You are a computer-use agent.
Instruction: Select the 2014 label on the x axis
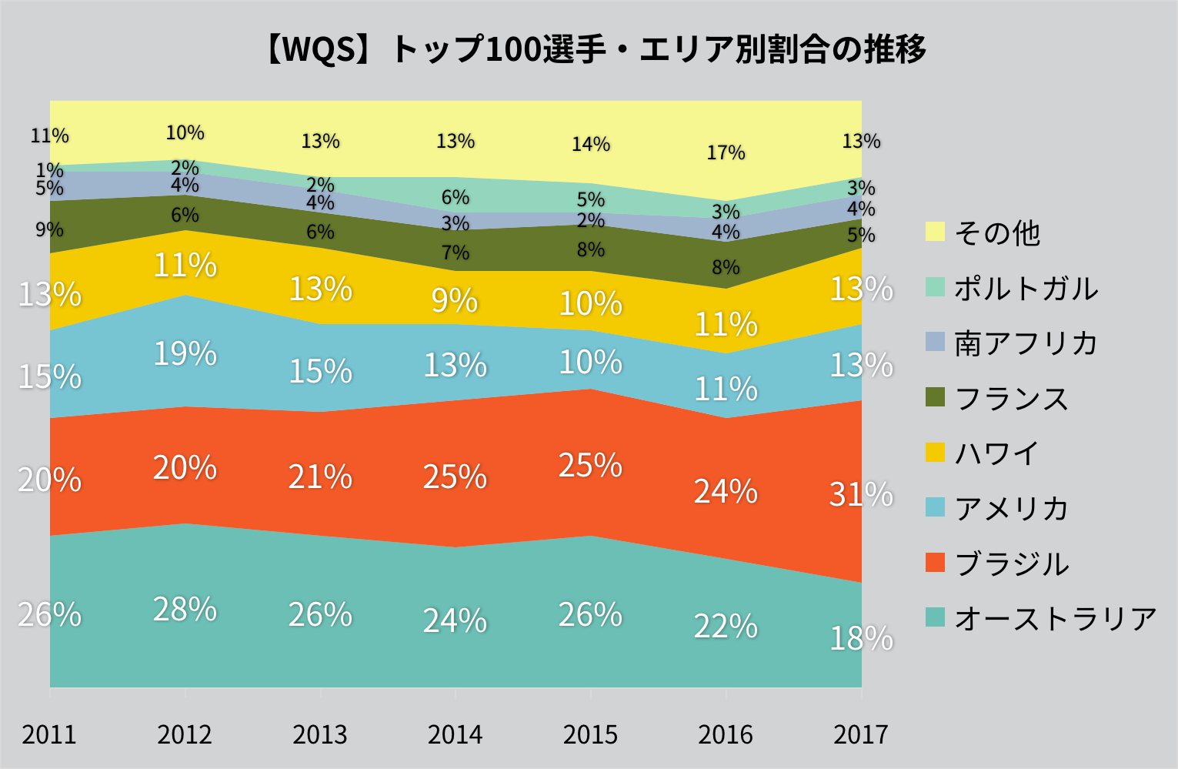pos(455,734)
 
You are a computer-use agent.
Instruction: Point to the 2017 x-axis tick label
pos(860,734)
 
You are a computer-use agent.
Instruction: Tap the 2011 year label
pos(49,734)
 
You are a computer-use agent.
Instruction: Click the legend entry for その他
pos(997,232)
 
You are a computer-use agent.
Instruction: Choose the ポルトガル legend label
pos(1026,288)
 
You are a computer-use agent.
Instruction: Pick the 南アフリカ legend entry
pos(1026,343)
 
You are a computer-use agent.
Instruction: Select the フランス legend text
pos(1012,399)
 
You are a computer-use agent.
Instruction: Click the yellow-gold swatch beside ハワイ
pos(935,452)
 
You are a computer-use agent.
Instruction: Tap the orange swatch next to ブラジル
pos(935,563)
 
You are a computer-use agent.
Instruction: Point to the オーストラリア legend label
pos(1056,618)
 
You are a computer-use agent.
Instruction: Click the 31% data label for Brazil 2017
pos(861,493)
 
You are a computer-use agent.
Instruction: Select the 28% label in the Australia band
pos(185,609)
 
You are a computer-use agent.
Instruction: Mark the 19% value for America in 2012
pos(185,353)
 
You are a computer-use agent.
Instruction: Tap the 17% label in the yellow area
pos(726,152)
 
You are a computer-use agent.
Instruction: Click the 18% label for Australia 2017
pos(861,638)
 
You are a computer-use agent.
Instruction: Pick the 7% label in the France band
pos(455,252)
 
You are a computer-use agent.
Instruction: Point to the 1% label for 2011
pos(49,169)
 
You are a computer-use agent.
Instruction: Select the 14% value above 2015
pos(590,144)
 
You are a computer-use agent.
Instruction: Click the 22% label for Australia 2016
pos(726,627)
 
